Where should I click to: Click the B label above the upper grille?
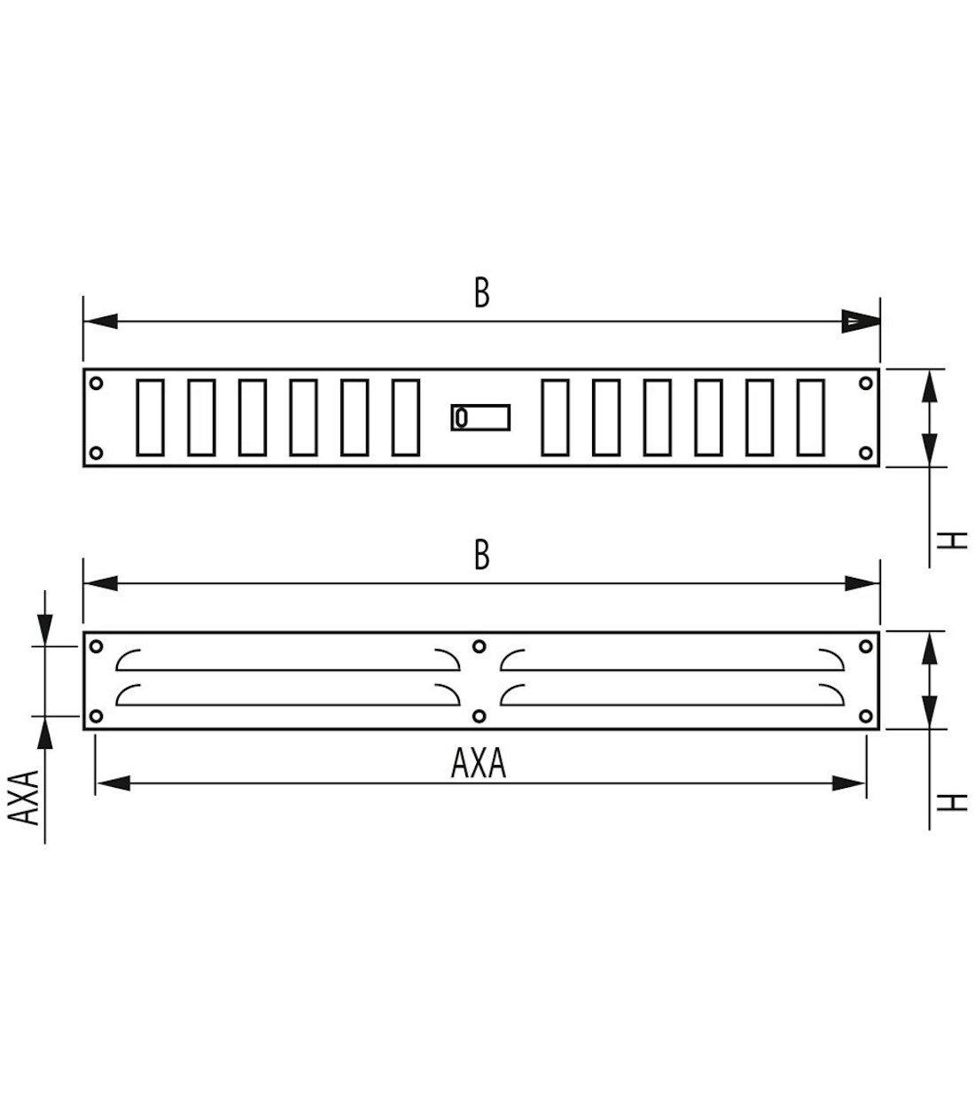(x=481, y=292)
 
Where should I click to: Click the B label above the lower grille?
(x=481, y=556)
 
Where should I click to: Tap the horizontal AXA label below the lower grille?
(x=479, y=763)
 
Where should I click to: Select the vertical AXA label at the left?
(x=28, y=797)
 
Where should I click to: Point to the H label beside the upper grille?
(x=952, y=540)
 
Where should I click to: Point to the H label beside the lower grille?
(x=952, y=802)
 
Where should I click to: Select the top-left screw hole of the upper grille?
(x=97, y=383)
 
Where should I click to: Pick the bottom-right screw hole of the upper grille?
(x=866, y=453)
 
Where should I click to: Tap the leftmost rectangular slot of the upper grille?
(x=150, y=417)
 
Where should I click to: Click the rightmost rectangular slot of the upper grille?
(x=811, y=417)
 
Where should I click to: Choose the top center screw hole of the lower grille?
(x=480, y=646)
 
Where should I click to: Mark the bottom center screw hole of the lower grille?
(x=480, y=715)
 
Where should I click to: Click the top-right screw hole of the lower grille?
(x=866, y=646)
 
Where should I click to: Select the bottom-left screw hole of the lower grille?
(x=97, y=715)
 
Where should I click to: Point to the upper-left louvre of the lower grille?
(x=288, y=659)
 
